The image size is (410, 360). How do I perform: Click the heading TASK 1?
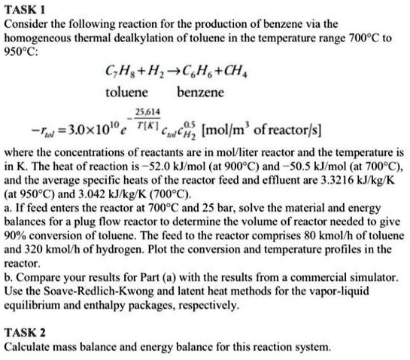(24, 8)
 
